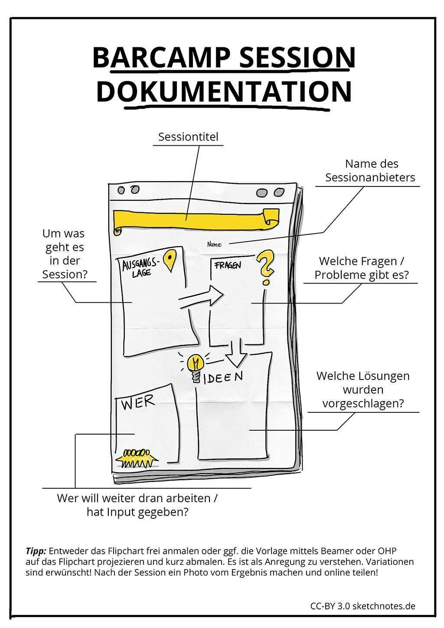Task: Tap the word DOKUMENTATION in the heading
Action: [224, 91]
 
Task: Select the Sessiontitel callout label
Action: [188, 137]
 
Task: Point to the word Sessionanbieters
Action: [370, 177]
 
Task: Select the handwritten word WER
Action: [137, 403]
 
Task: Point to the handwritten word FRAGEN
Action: [227, 265]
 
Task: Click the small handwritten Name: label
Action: [215, 245]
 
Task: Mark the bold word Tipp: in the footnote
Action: [36, 551]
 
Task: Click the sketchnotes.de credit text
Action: [383, 606]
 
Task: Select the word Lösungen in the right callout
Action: [384, 376]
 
